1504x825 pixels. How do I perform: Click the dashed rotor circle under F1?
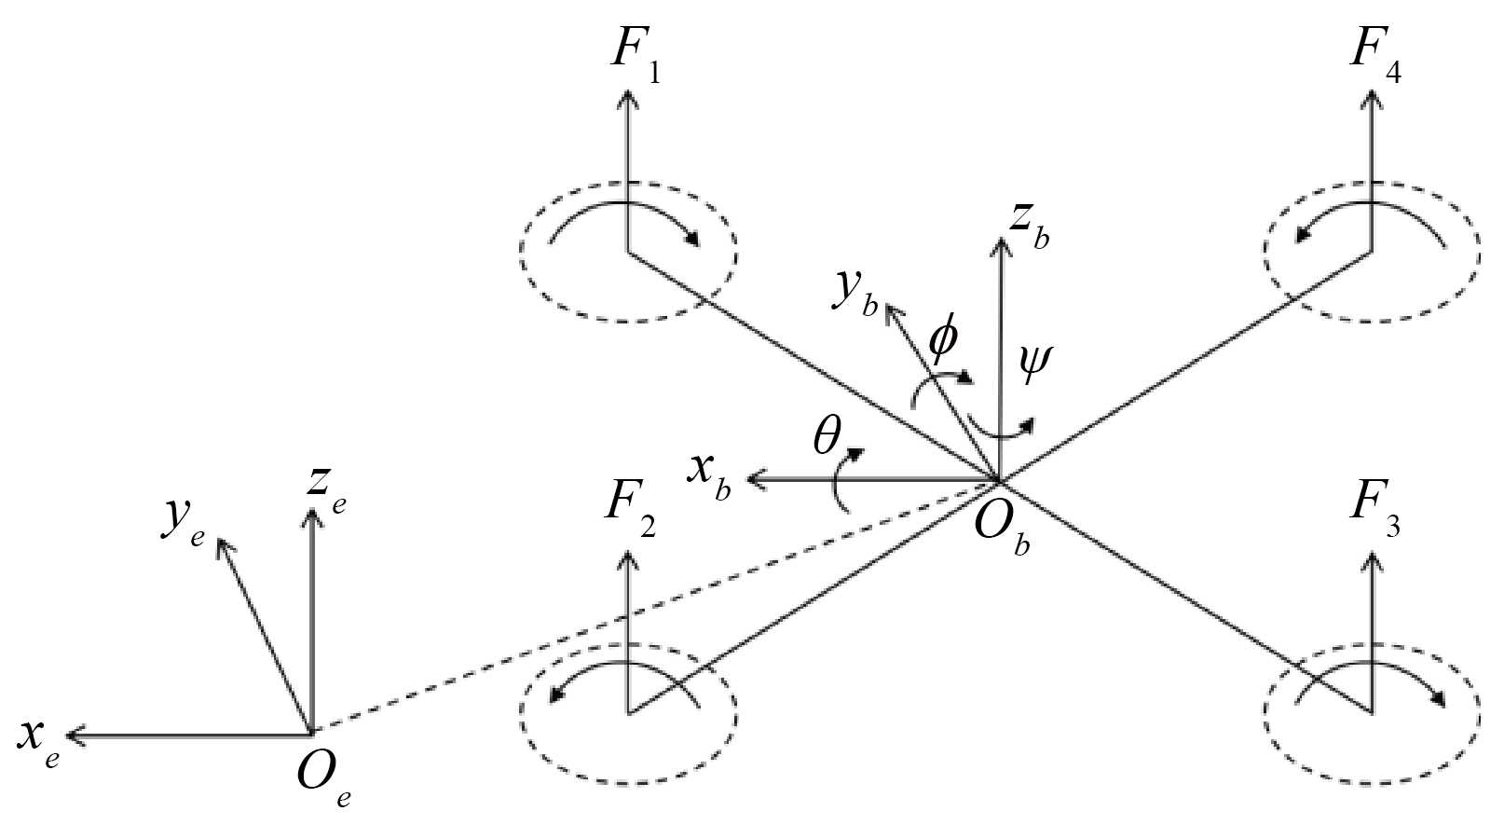click(x=628, y=252)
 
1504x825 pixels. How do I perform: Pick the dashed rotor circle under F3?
click(x=1371, y=713)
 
